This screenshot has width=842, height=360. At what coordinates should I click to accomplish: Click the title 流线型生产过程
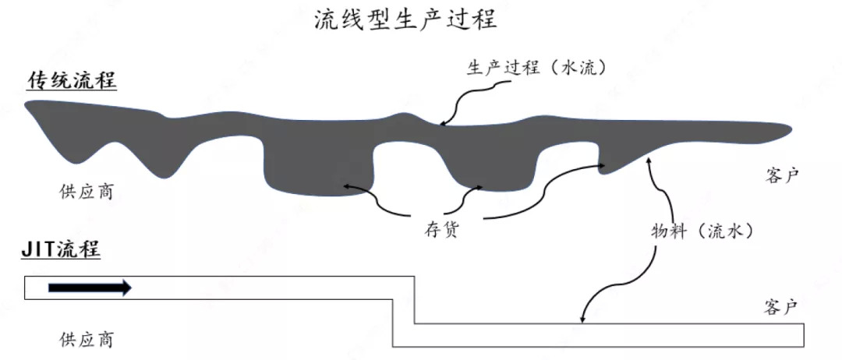coord(405,19)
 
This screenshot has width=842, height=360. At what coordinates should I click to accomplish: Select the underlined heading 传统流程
coord(72,81)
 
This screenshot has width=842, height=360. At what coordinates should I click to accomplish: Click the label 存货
coord(440,231)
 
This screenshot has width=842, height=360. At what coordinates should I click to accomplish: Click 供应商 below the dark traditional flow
coord(86,192)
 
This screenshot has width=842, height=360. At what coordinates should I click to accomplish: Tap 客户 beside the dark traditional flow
coord(781,176)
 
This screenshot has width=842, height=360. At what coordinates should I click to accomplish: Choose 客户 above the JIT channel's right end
coord(781,307)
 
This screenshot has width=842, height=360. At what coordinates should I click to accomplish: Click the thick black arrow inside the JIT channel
coord(90,288)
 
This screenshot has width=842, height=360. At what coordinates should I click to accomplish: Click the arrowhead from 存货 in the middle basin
coord(478,187)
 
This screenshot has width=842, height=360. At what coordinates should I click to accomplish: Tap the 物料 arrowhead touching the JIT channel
coord(582,319)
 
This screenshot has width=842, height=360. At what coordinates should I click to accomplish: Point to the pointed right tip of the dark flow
coord(789,128)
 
